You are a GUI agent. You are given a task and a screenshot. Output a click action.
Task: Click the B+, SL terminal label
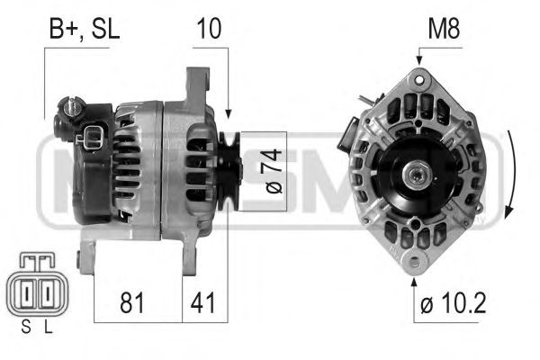(82, 29)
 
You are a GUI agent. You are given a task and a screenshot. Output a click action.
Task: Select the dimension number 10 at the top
(209, 29)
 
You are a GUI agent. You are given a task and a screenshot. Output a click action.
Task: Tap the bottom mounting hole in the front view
(415, 264)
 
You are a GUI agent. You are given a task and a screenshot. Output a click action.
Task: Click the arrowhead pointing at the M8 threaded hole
(419, 60)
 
